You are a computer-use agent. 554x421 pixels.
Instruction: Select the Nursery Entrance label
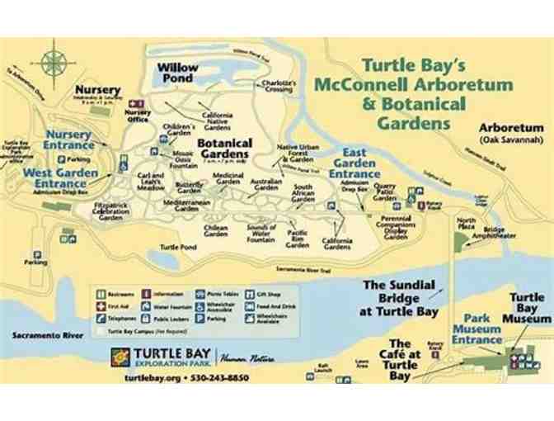(68, 140)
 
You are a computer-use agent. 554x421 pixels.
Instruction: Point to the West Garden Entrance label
(60, 177)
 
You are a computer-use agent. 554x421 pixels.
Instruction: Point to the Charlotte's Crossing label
(278, 86)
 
